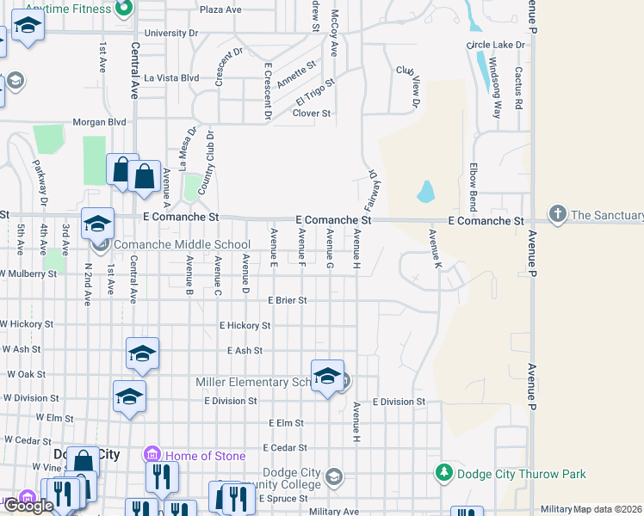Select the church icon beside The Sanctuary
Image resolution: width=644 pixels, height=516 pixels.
[x=557, y=215]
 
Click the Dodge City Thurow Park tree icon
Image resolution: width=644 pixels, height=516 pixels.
[x=444, y=473]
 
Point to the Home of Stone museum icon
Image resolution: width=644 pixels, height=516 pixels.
[x=152, y=455]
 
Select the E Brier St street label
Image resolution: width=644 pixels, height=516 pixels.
[x=287, y=300]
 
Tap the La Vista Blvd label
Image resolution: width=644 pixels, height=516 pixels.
[x=172, y=77]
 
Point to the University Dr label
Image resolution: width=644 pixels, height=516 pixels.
[x=171, y=33]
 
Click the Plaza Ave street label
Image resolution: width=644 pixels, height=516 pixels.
[x=220, y=9]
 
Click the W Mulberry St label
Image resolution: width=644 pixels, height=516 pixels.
[x=28, y=273]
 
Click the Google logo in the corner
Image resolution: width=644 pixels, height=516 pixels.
[x=28, y=506]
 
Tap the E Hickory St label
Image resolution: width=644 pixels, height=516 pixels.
[x=245, y=326]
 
